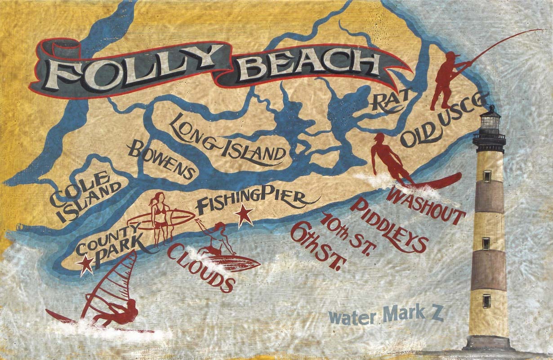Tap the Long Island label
tap(229, 139)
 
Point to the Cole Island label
tap(85, 196)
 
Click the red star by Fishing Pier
tap(245, 215)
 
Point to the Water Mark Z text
tap(386, 316)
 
